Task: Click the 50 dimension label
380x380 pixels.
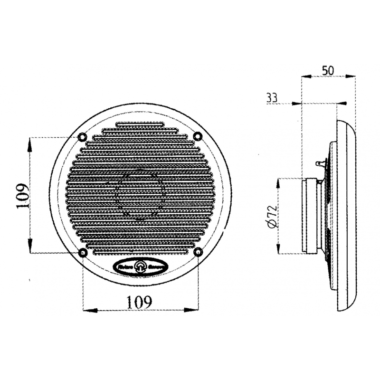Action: pos(327,69)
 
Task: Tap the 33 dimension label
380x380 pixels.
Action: pos(273,98)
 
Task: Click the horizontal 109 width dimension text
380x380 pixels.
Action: pos(140,301)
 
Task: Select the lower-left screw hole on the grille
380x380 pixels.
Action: pos(83,252)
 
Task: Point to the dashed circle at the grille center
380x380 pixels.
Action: pos(140,195)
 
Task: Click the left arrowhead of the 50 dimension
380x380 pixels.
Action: pos(305,76)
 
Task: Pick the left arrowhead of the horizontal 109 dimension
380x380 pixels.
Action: pos(87,310)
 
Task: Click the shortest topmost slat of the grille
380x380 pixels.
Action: pos(140,126)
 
